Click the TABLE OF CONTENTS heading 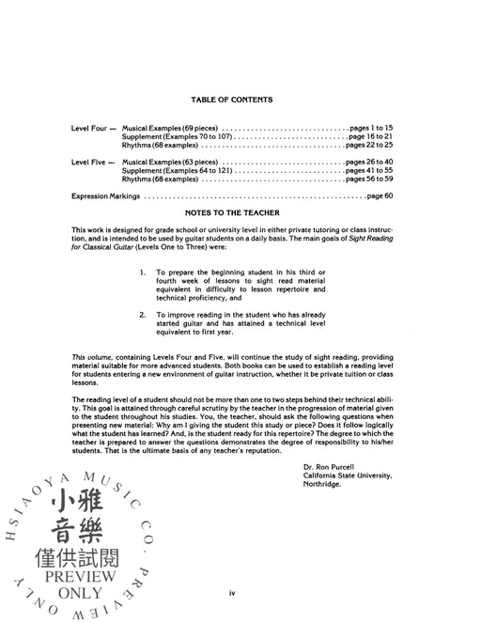(x=231, y=100)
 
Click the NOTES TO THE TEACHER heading (x=231, y=214)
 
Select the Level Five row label (x=92, y=162)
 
